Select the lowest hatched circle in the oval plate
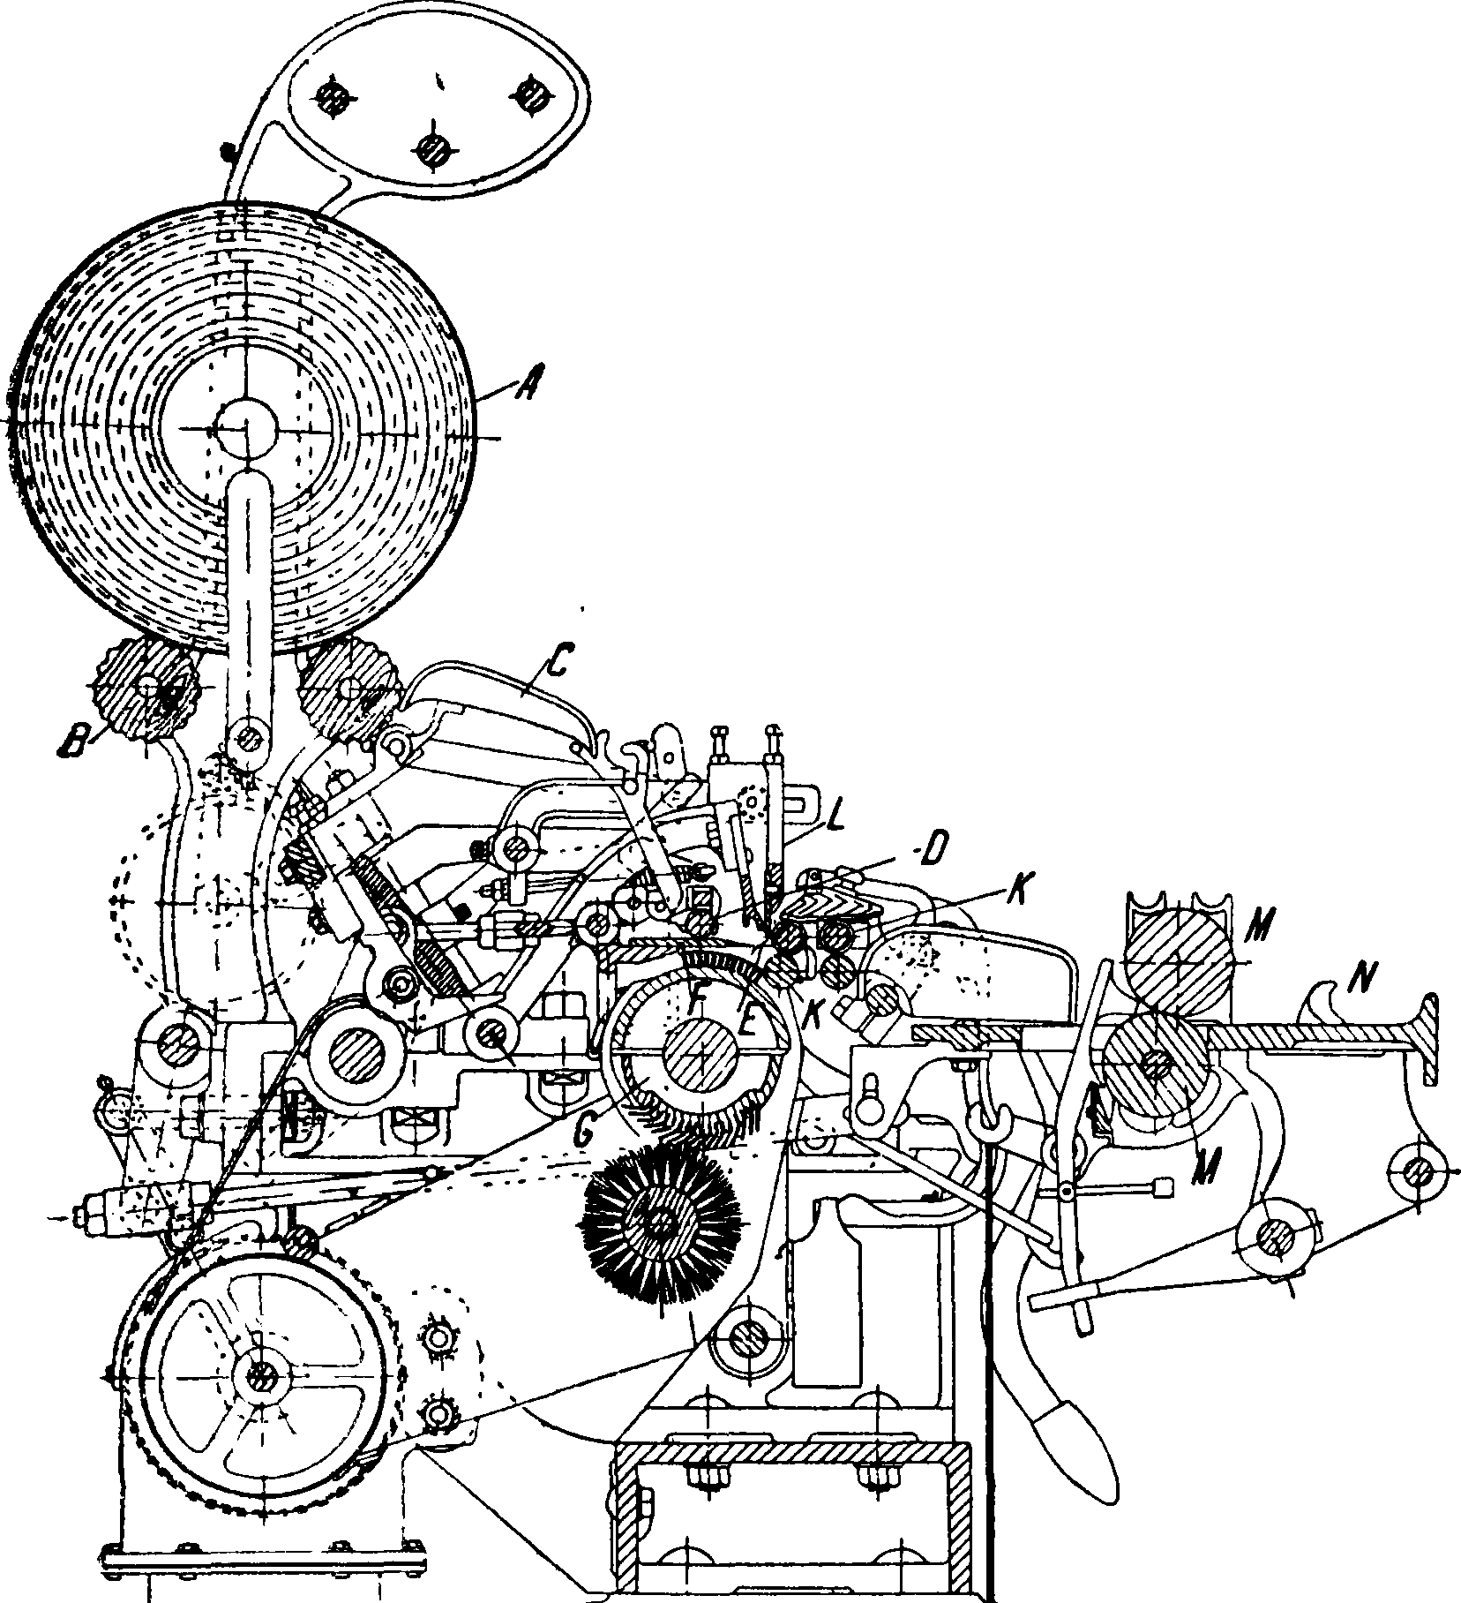(433, 148)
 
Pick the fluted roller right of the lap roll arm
(347, 688)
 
